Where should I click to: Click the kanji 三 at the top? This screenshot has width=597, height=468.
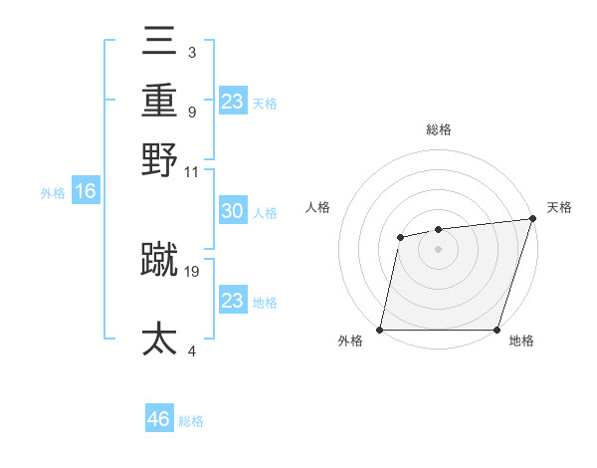pyautogui.click(x=159, y=45)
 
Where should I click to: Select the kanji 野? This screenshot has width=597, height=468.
pyautogui.click(x=159, y=158)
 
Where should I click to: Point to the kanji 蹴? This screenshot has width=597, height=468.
pyautogui.click(x=159, y=259)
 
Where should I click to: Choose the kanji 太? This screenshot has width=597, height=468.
pyautogui.click(x=159, y=339)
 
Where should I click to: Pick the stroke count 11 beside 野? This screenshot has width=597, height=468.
pyautogui.click(x=192, y=171)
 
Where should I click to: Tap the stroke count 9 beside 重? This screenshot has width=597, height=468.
pyautogui.click(x=191, y=112)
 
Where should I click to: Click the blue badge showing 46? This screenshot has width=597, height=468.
pyautogui.click(x=159, y=419)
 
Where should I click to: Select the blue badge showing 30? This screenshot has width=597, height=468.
pyautogui.click(x=232, y=211)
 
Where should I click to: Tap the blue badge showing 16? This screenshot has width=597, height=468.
pyautogui.click(x=85, y=191)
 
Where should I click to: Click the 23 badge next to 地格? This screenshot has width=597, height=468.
pyautogui.click(x=232, y=301)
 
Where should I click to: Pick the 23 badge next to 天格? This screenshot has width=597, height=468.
pyautogui.click(x=233, y=102)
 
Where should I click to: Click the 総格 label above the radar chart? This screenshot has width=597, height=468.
pyautogui.click(x=439, y=129)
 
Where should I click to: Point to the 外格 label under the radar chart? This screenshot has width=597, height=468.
pyautogui.click(x=350, y=342)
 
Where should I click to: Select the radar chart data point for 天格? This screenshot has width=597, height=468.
pyautogui.click(x=532, y=219)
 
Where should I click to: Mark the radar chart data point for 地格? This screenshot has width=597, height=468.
pyautogui.click(x=497, y=330)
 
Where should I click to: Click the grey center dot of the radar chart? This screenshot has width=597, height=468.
pyautogui.click(x=438, y=249)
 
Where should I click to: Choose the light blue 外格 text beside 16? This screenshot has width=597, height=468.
pyautogui.click(x=53, y=192)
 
